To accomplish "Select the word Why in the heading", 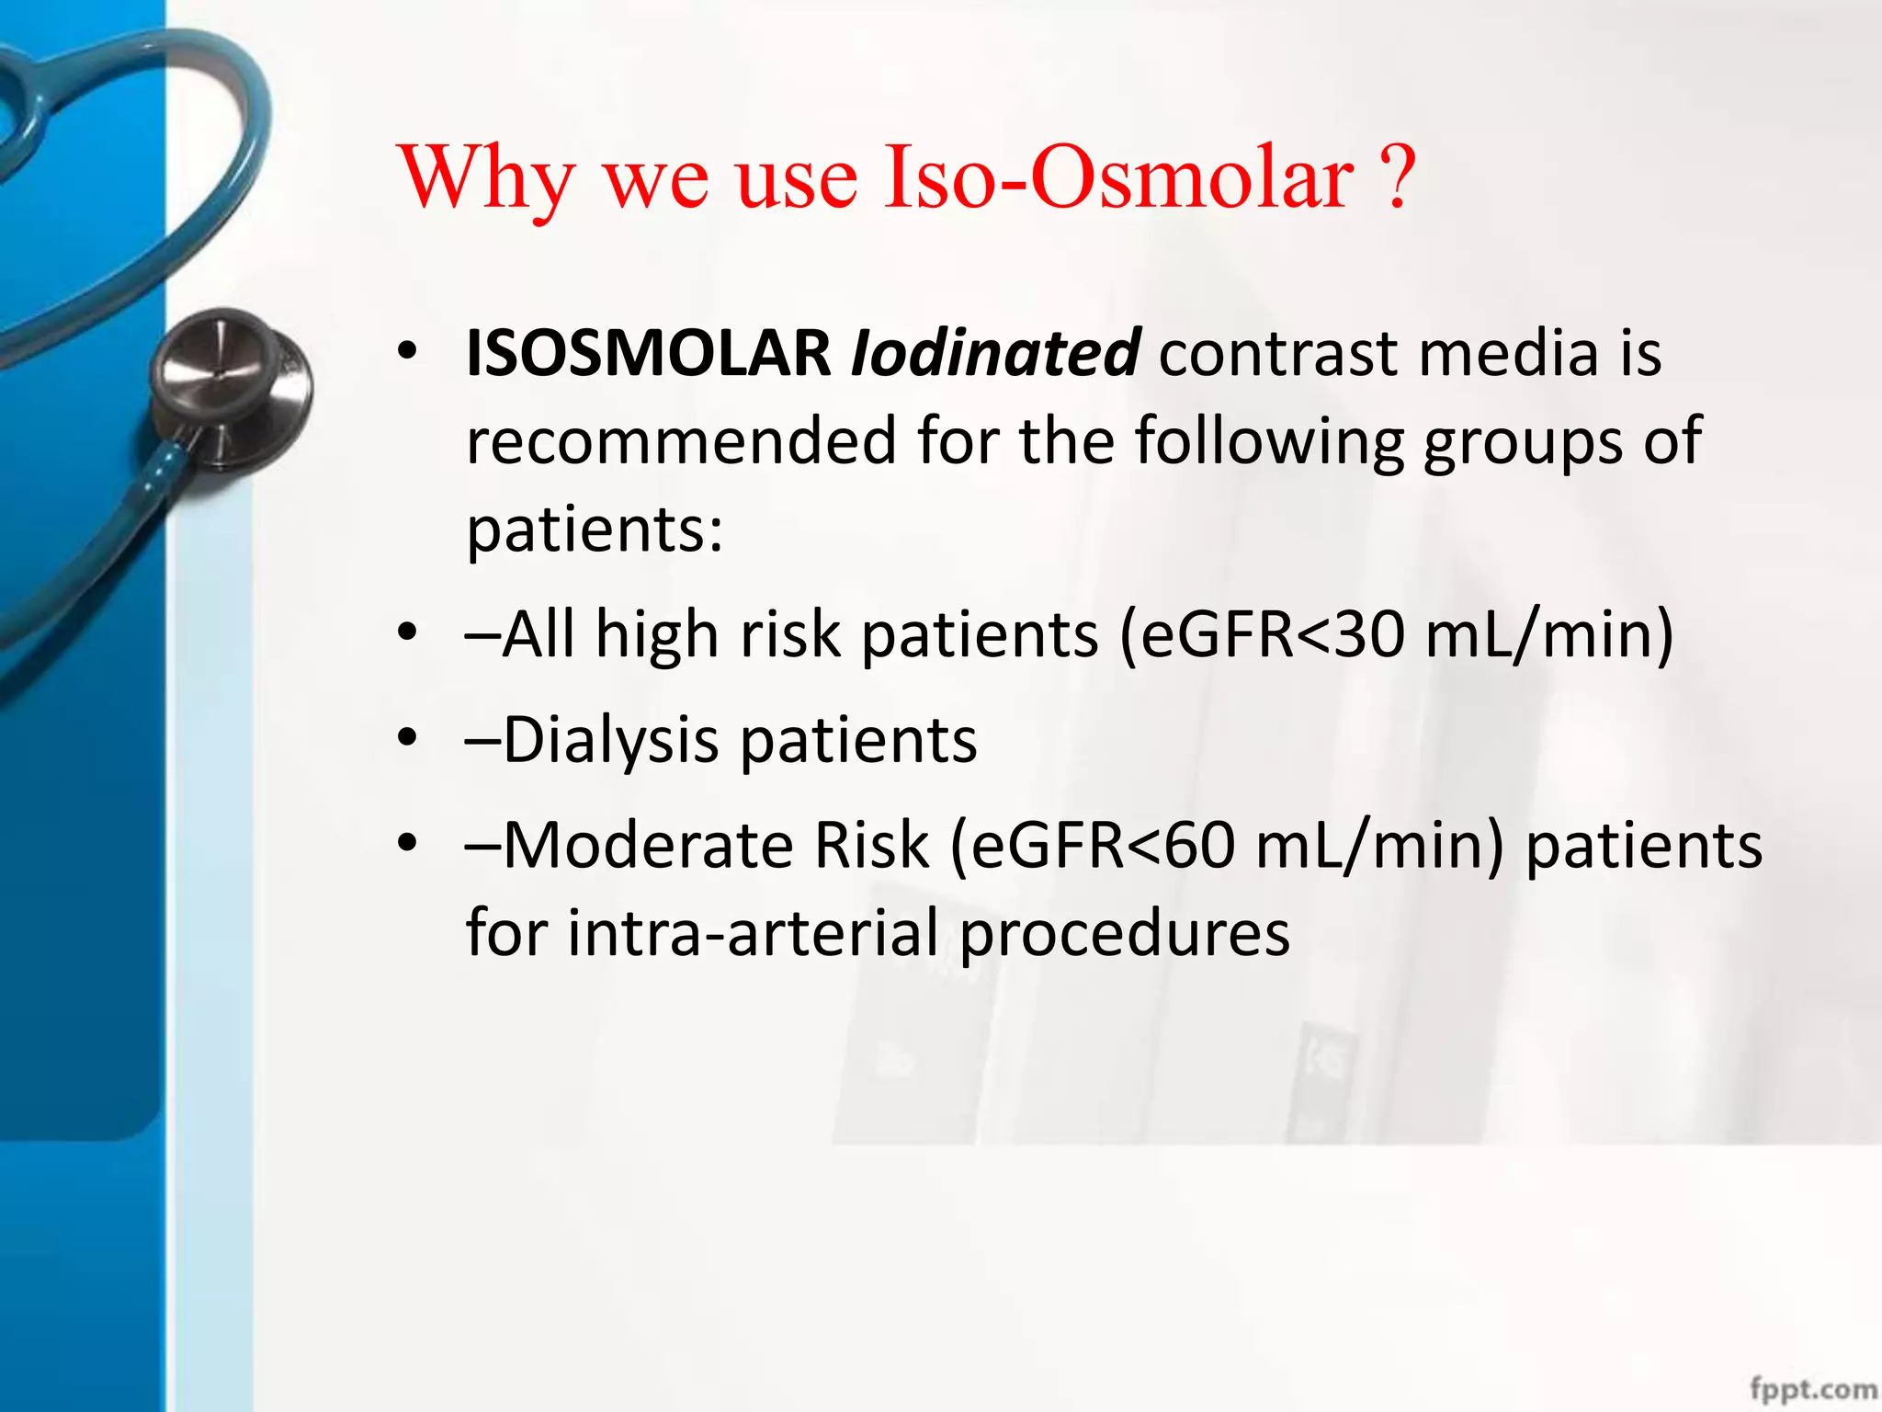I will click(x=487, y=179).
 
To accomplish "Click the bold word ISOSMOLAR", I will click(x=648, y=354).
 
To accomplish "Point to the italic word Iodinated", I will click(x=996, y=354).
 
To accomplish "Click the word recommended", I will click(x=680, y=441).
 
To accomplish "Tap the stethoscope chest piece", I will click(x=230, y=386).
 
